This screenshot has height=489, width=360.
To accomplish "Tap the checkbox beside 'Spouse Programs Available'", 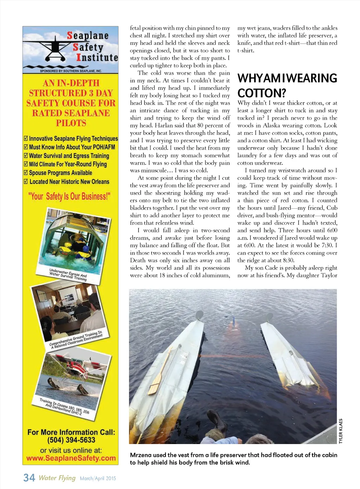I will click(26, 172).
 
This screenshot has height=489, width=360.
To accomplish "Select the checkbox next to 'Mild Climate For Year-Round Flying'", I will click(26, 164).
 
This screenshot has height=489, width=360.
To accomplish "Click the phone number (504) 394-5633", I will click(71, 440).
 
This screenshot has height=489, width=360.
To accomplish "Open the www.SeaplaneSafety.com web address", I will click(71, 458).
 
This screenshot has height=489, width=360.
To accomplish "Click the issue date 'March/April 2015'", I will click(98, 478).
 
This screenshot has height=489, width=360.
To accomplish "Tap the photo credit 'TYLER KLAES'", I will click(340, 431).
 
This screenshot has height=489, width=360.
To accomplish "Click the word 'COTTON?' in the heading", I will click(262, 93).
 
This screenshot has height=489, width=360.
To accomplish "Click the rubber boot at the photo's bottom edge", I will click(215, 422).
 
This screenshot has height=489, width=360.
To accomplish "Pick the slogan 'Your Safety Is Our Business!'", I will click(69, 196).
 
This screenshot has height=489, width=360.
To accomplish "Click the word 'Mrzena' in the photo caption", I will click(141, 455).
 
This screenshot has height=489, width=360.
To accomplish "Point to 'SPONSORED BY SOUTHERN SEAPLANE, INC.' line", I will click(71, 71).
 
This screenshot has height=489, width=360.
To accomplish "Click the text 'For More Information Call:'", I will click(71, 432).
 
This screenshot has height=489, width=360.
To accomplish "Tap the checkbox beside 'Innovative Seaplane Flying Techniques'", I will click(26, 138).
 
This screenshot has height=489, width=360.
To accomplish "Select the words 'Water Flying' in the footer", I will click(57, 478).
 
